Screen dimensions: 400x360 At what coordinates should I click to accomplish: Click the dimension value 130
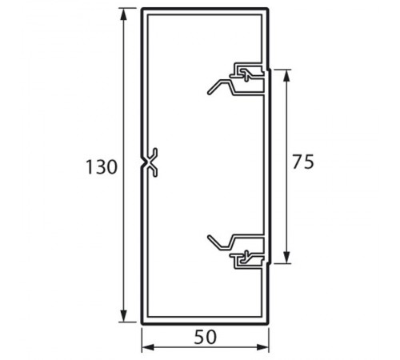click(102, 167)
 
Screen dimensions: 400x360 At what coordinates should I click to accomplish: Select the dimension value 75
click(303, 162)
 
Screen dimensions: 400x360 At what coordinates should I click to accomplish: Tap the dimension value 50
click(206, 337)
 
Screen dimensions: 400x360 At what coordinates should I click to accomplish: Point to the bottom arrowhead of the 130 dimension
click(123, 316)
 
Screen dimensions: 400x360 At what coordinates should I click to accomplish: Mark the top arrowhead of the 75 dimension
click(286, 76)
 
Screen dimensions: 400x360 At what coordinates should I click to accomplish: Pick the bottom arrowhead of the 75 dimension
click(286, 257)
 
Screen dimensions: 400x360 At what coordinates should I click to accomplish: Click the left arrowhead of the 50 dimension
click(148, 347)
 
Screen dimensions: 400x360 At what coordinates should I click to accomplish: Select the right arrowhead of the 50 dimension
click(262, 347)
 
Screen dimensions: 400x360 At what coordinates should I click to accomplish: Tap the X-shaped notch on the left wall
click(149, 162)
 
